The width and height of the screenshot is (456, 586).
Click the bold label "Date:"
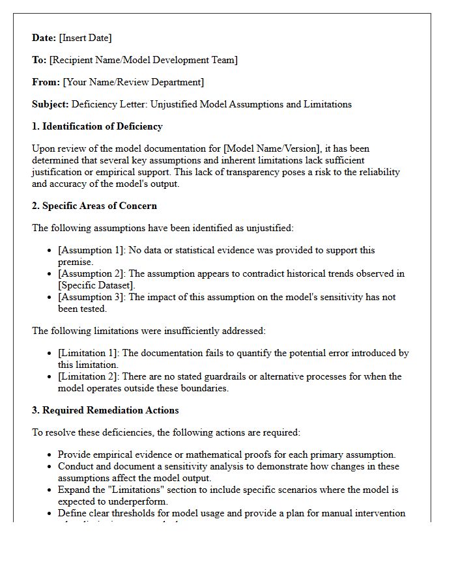point(44,38)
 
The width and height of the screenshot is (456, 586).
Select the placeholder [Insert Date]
point(85,38)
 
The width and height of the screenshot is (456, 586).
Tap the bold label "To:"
point(39,60)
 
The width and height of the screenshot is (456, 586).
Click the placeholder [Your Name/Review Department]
point(133,82)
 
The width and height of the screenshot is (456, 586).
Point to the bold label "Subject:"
point(50,104)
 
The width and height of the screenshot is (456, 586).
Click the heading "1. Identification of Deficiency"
point(97,126)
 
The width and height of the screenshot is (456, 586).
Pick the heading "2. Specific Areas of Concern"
point(94,206)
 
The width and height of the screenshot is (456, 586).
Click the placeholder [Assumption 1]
point(89,250)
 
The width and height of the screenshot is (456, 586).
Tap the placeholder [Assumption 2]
point(89,273)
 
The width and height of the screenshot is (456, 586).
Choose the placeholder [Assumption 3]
point(89,297)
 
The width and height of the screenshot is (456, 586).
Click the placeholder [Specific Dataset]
point(96,285)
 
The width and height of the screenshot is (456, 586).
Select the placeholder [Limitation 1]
point(87,353)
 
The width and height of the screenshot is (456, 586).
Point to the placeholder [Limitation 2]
point(87,376)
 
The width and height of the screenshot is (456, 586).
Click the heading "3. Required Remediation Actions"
point(105,410)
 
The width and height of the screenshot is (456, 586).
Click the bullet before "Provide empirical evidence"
point(50,455)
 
